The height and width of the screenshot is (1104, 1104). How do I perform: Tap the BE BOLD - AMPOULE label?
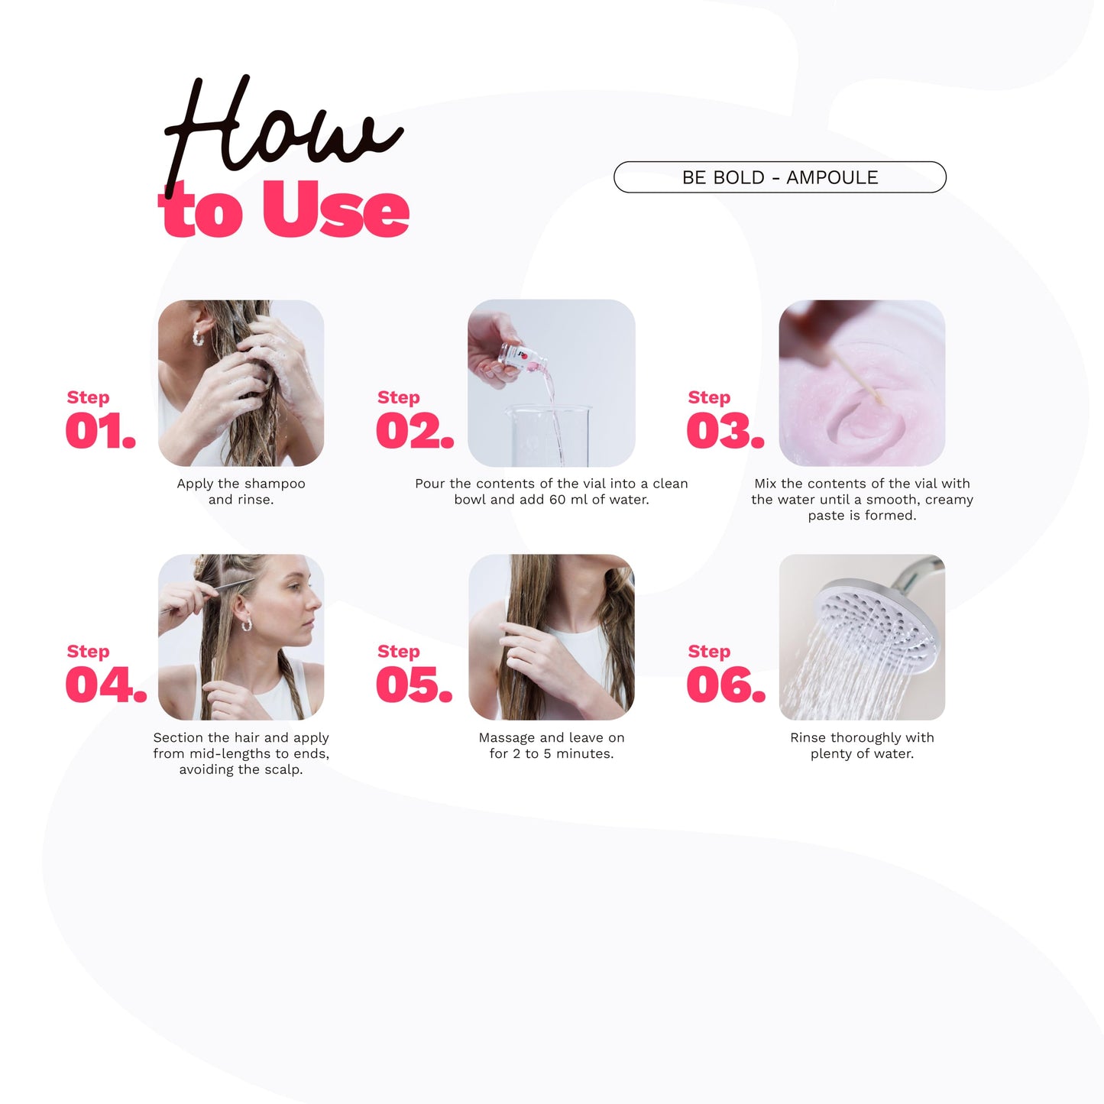pos(780,177)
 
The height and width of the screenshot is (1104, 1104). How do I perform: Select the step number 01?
pos(100,431)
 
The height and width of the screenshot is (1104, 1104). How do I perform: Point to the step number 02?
pos(415,431)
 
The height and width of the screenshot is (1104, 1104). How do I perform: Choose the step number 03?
pos(725,431)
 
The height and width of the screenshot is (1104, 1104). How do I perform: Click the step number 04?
pos(106,685)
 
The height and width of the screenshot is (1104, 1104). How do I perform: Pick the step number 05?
pos(414,685)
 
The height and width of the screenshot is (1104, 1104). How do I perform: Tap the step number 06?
pos(726,685)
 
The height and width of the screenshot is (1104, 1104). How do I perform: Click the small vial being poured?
pos(522,356)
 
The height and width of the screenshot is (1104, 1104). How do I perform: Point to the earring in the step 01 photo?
pos(198,338)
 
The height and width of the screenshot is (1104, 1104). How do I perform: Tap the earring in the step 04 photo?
pos(247,624)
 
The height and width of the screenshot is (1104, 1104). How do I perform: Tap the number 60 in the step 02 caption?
pos(558,500)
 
